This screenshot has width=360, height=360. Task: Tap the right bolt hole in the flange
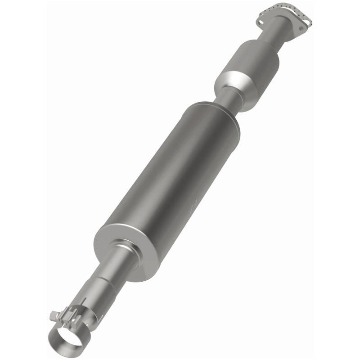pos(301,28)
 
